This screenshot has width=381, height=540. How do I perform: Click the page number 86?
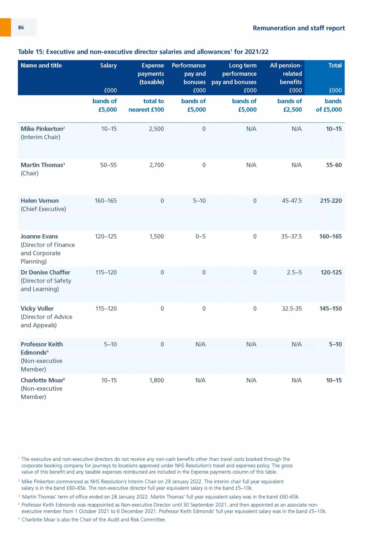21,28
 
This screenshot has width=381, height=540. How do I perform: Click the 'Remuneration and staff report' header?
299,28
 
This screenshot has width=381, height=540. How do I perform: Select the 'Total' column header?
335,65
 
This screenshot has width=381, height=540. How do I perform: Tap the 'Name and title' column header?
41,65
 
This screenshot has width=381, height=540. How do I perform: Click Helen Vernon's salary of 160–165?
106,201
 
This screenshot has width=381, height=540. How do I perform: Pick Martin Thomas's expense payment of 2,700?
156,165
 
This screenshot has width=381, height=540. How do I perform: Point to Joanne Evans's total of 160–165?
330,236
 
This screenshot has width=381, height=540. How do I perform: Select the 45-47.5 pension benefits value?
291,201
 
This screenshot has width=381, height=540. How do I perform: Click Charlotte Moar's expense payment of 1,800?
156,380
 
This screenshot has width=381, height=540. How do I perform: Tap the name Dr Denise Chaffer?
45,272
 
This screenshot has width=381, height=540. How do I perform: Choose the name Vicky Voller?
37,308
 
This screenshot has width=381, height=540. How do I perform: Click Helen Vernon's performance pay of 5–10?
199,201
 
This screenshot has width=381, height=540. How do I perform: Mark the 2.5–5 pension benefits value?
294,272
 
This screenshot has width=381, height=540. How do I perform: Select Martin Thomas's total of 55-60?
334,165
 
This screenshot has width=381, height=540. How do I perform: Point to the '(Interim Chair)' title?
40,137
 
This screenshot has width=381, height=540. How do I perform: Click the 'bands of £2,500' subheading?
289,105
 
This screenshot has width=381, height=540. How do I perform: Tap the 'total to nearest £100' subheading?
146,105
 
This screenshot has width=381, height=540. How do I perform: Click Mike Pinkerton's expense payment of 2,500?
156,129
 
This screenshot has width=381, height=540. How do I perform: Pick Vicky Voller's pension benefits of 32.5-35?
291,308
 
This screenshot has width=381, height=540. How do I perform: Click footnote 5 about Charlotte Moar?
94,520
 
